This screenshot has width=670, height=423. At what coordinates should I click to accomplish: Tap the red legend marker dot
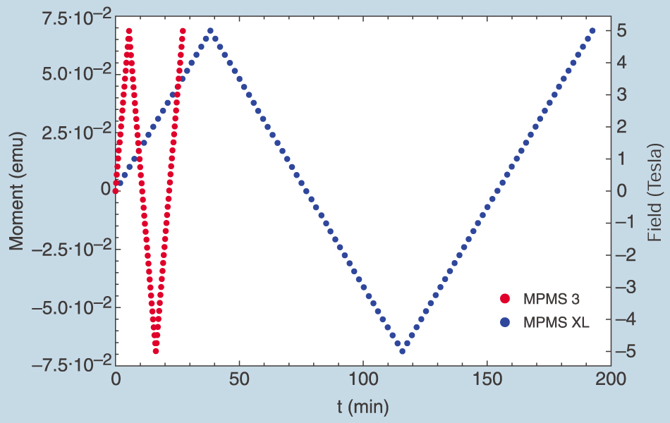(x=504, y=298)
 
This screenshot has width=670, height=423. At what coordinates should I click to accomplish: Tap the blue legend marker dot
(x=504, y=322)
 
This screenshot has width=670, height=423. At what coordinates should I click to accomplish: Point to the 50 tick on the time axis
(x=240, y=379)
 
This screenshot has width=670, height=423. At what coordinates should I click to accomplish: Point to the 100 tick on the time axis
(x=363, y=379)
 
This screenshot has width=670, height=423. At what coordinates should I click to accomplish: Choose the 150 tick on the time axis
(x=487, y=379)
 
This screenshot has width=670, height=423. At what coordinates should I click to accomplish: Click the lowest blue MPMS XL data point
(x=402, y=351)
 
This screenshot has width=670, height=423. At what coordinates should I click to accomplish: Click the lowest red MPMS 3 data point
(x=156, y=351)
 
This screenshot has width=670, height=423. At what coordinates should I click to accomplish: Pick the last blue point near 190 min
(x=592, y=31)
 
